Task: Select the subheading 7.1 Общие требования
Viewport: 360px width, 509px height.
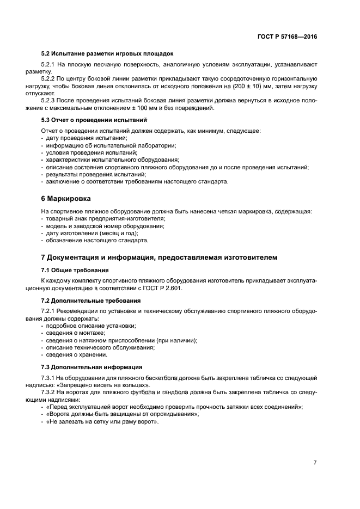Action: point(75,270)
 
